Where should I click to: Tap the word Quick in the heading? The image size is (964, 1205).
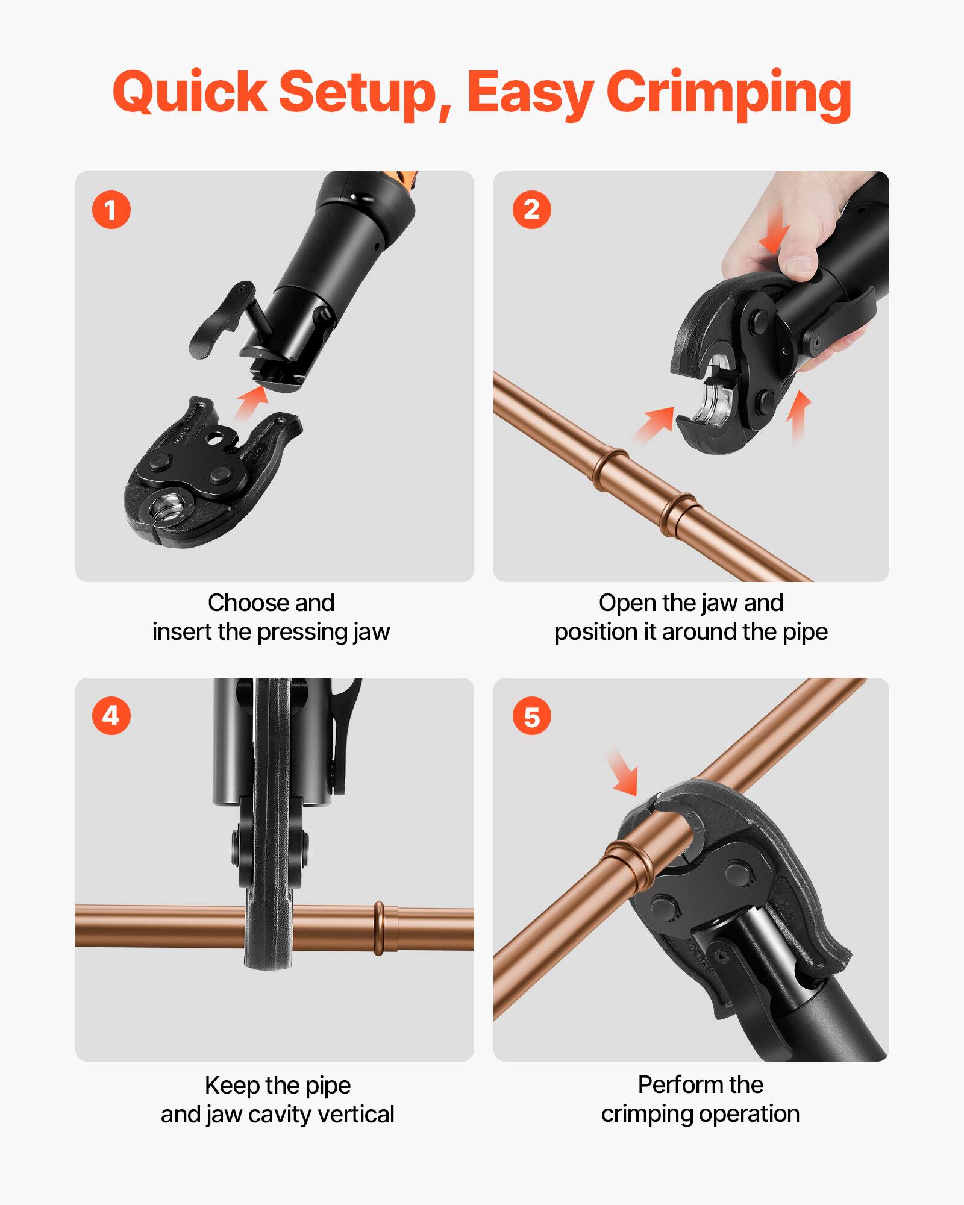189,93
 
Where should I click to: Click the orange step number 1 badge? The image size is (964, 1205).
111,210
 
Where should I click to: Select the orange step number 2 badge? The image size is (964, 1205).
531,210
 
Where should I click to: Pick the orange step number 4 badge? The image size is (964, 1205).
111,716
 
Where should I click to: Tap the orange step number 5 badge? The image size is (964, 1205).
531,717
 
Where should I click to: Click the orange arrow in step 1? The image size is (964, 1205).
250,405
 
